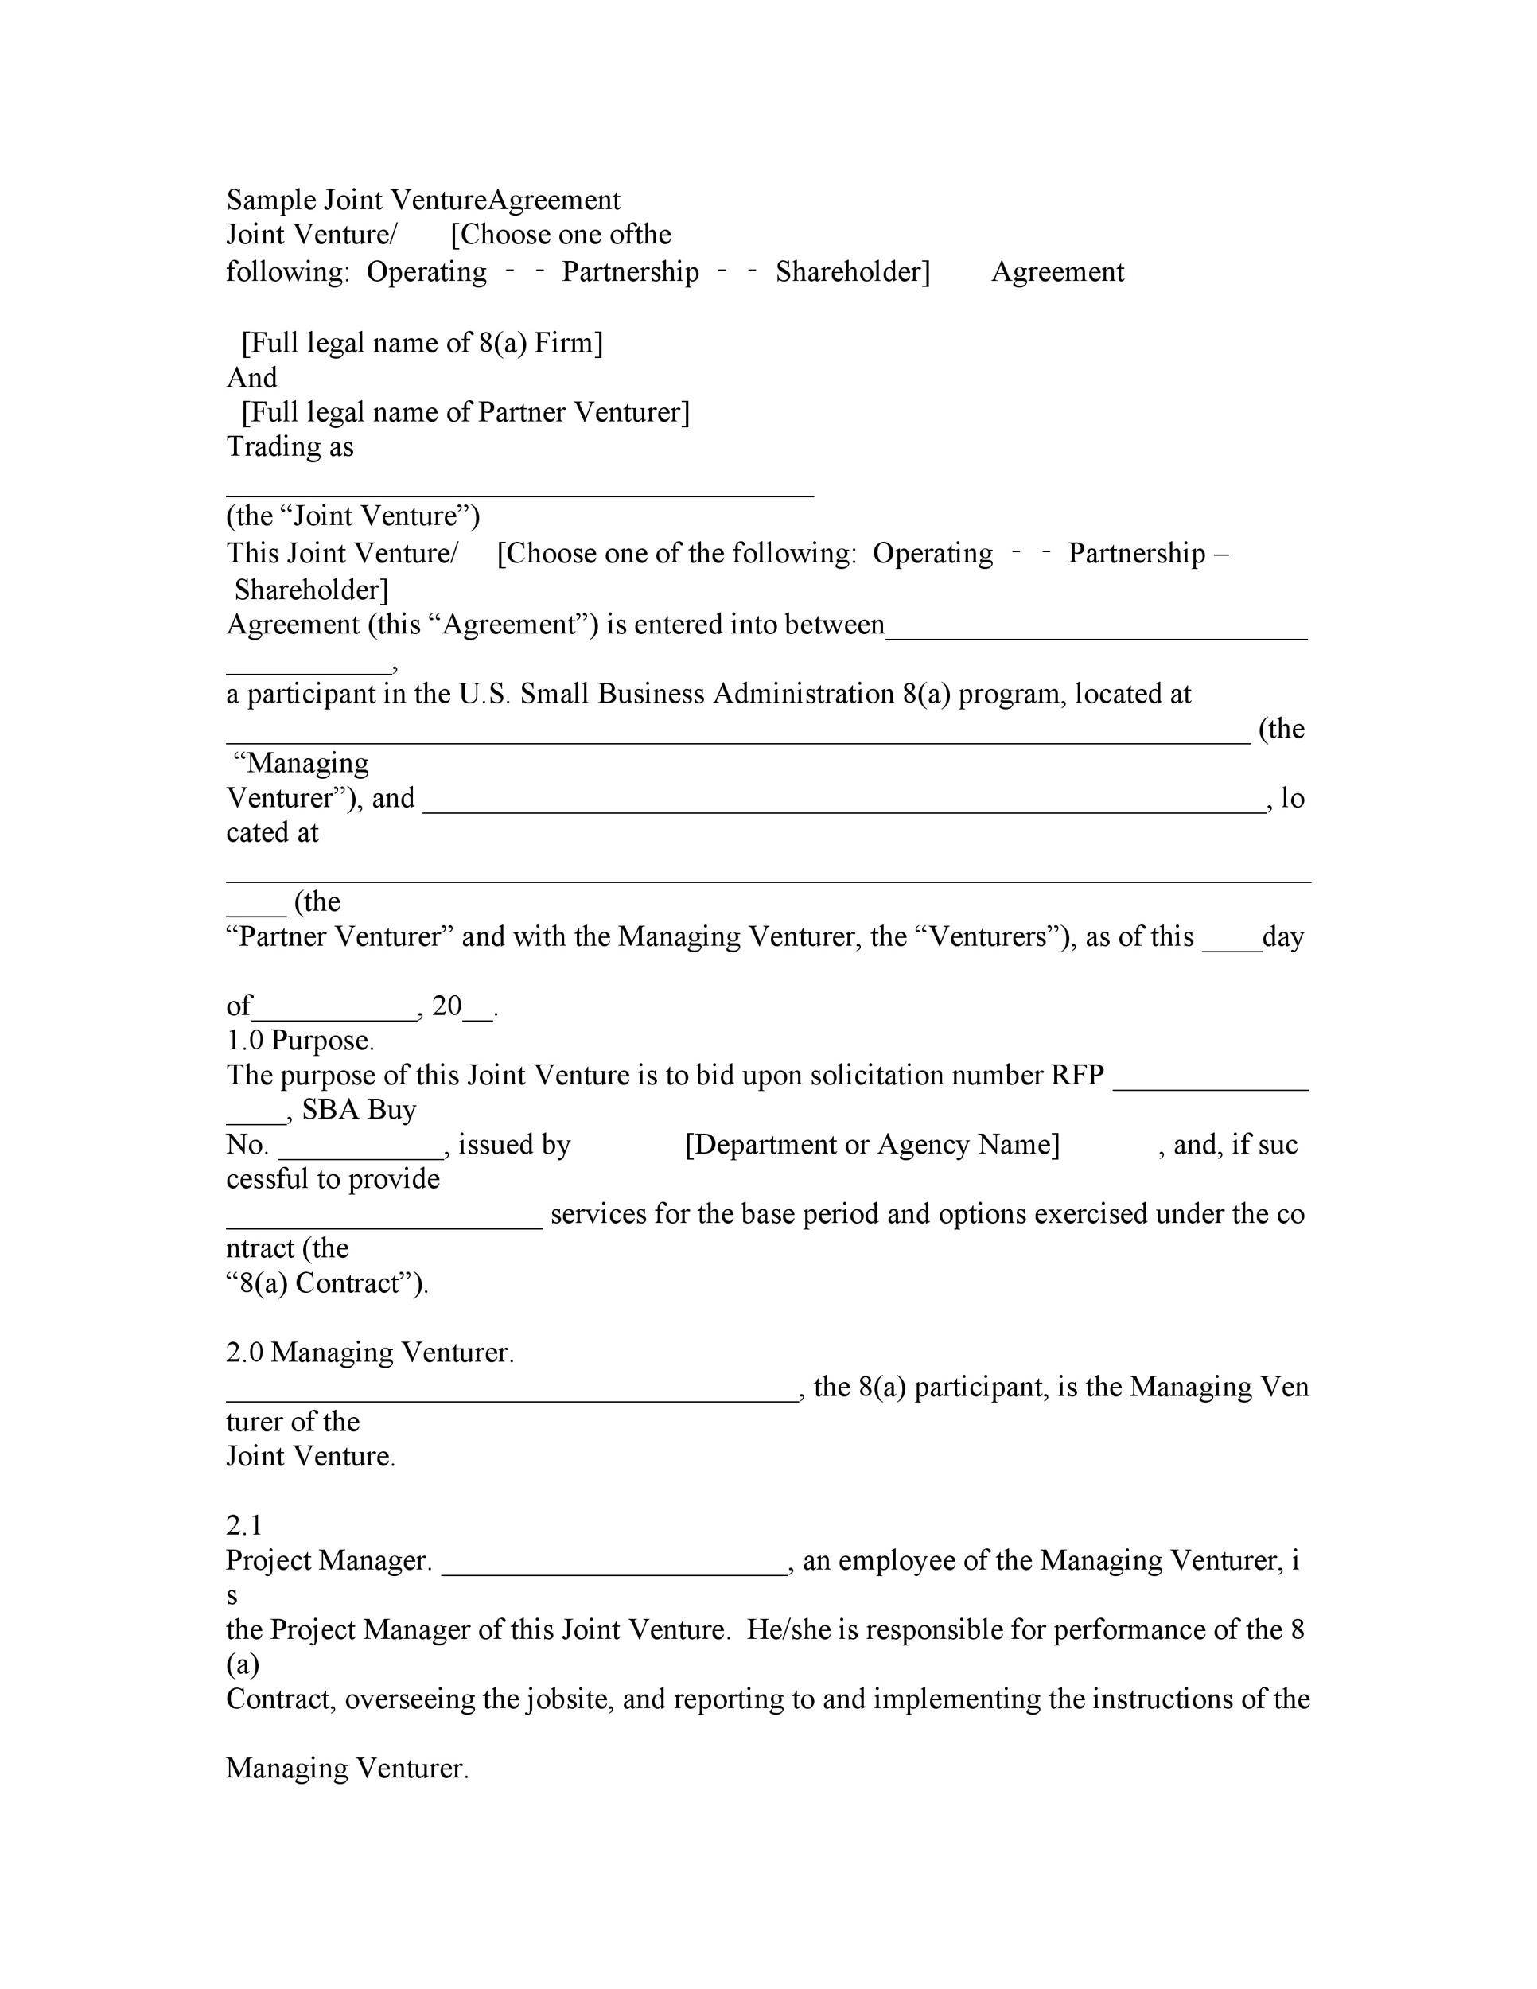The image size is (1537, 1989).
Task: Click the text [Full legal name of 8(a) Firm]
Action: click(x=422, y=344)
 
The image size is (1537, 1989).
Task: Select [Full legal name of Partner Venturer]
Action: click(x=465, y=413)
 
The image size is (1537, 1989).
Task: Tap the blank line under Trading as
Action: click(x=519, y=492)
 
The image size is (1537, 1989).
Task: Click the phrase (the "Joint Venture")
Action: click(x=352, y=516)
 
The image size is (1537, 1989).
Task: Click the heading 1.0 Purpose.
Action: click(x=301, y=1040)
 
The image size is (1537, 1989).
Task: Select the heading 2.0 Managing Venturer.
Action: click(x=370, y=1353)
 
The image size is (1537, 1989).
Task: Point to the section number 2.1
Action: click(x=244, y=1525)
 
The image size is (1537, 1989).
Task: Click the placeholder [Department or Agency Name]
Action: click(x=871, y=1145)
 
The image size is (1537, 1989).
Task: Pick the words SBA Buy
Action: click(x=359, y=1110)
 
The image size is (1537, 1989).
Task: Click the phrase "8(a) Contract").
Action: click(x=327, y=1283)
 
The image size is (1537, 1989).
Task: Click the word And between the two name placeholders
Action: click(x=251, y=378)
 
